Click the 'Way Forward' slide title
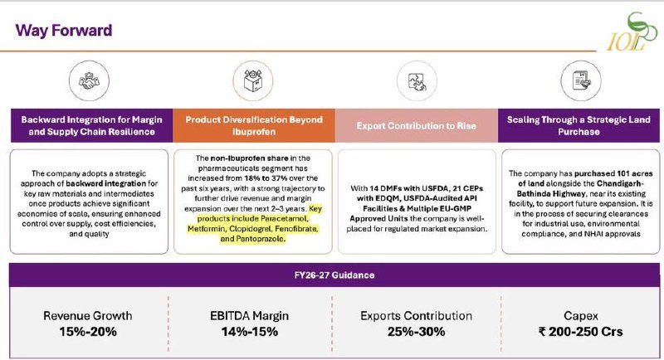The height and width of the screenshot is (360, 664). click(x=64, y=31)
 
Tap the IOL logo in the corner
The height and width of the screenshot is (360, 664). click(x=632, y=32)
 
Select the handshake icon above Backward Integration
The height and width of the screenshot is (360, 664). click(x=89, y=80)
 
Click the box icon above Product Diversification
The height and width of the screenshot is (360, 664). click(x=253, y=80)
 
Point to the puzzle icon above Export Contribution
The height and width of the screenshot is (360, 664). click(x=417, y=80)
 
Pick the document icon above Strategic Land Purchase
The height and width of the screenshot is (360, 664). click(x=580, y=80)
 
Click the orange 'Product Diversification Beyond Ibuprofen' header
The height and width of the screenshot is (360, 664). click(x=254, y=125)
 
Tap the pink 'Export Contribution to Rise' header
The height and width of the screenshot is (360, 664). click(x=417, y=125)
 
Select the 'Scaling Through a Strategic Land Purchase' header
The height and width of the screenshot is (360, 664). click(x=579, y=125)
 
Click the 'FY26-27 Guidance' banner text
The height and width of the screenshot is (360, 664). click(x=334, y=275)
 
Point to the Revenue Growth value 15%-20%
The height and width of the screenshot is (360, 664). click(x=88, y=332)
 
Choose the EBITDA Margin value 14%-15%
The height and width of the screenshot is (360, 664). click(x=250, y=332)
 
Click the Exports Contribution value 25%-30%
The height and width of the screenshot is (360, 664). click(x=416, y=332)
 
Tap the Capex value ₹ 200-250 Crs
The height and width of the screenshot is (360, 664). click(x=580, y=332)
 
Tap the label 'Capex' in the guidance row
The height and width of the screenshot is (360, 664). click(x=580, y=316)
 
